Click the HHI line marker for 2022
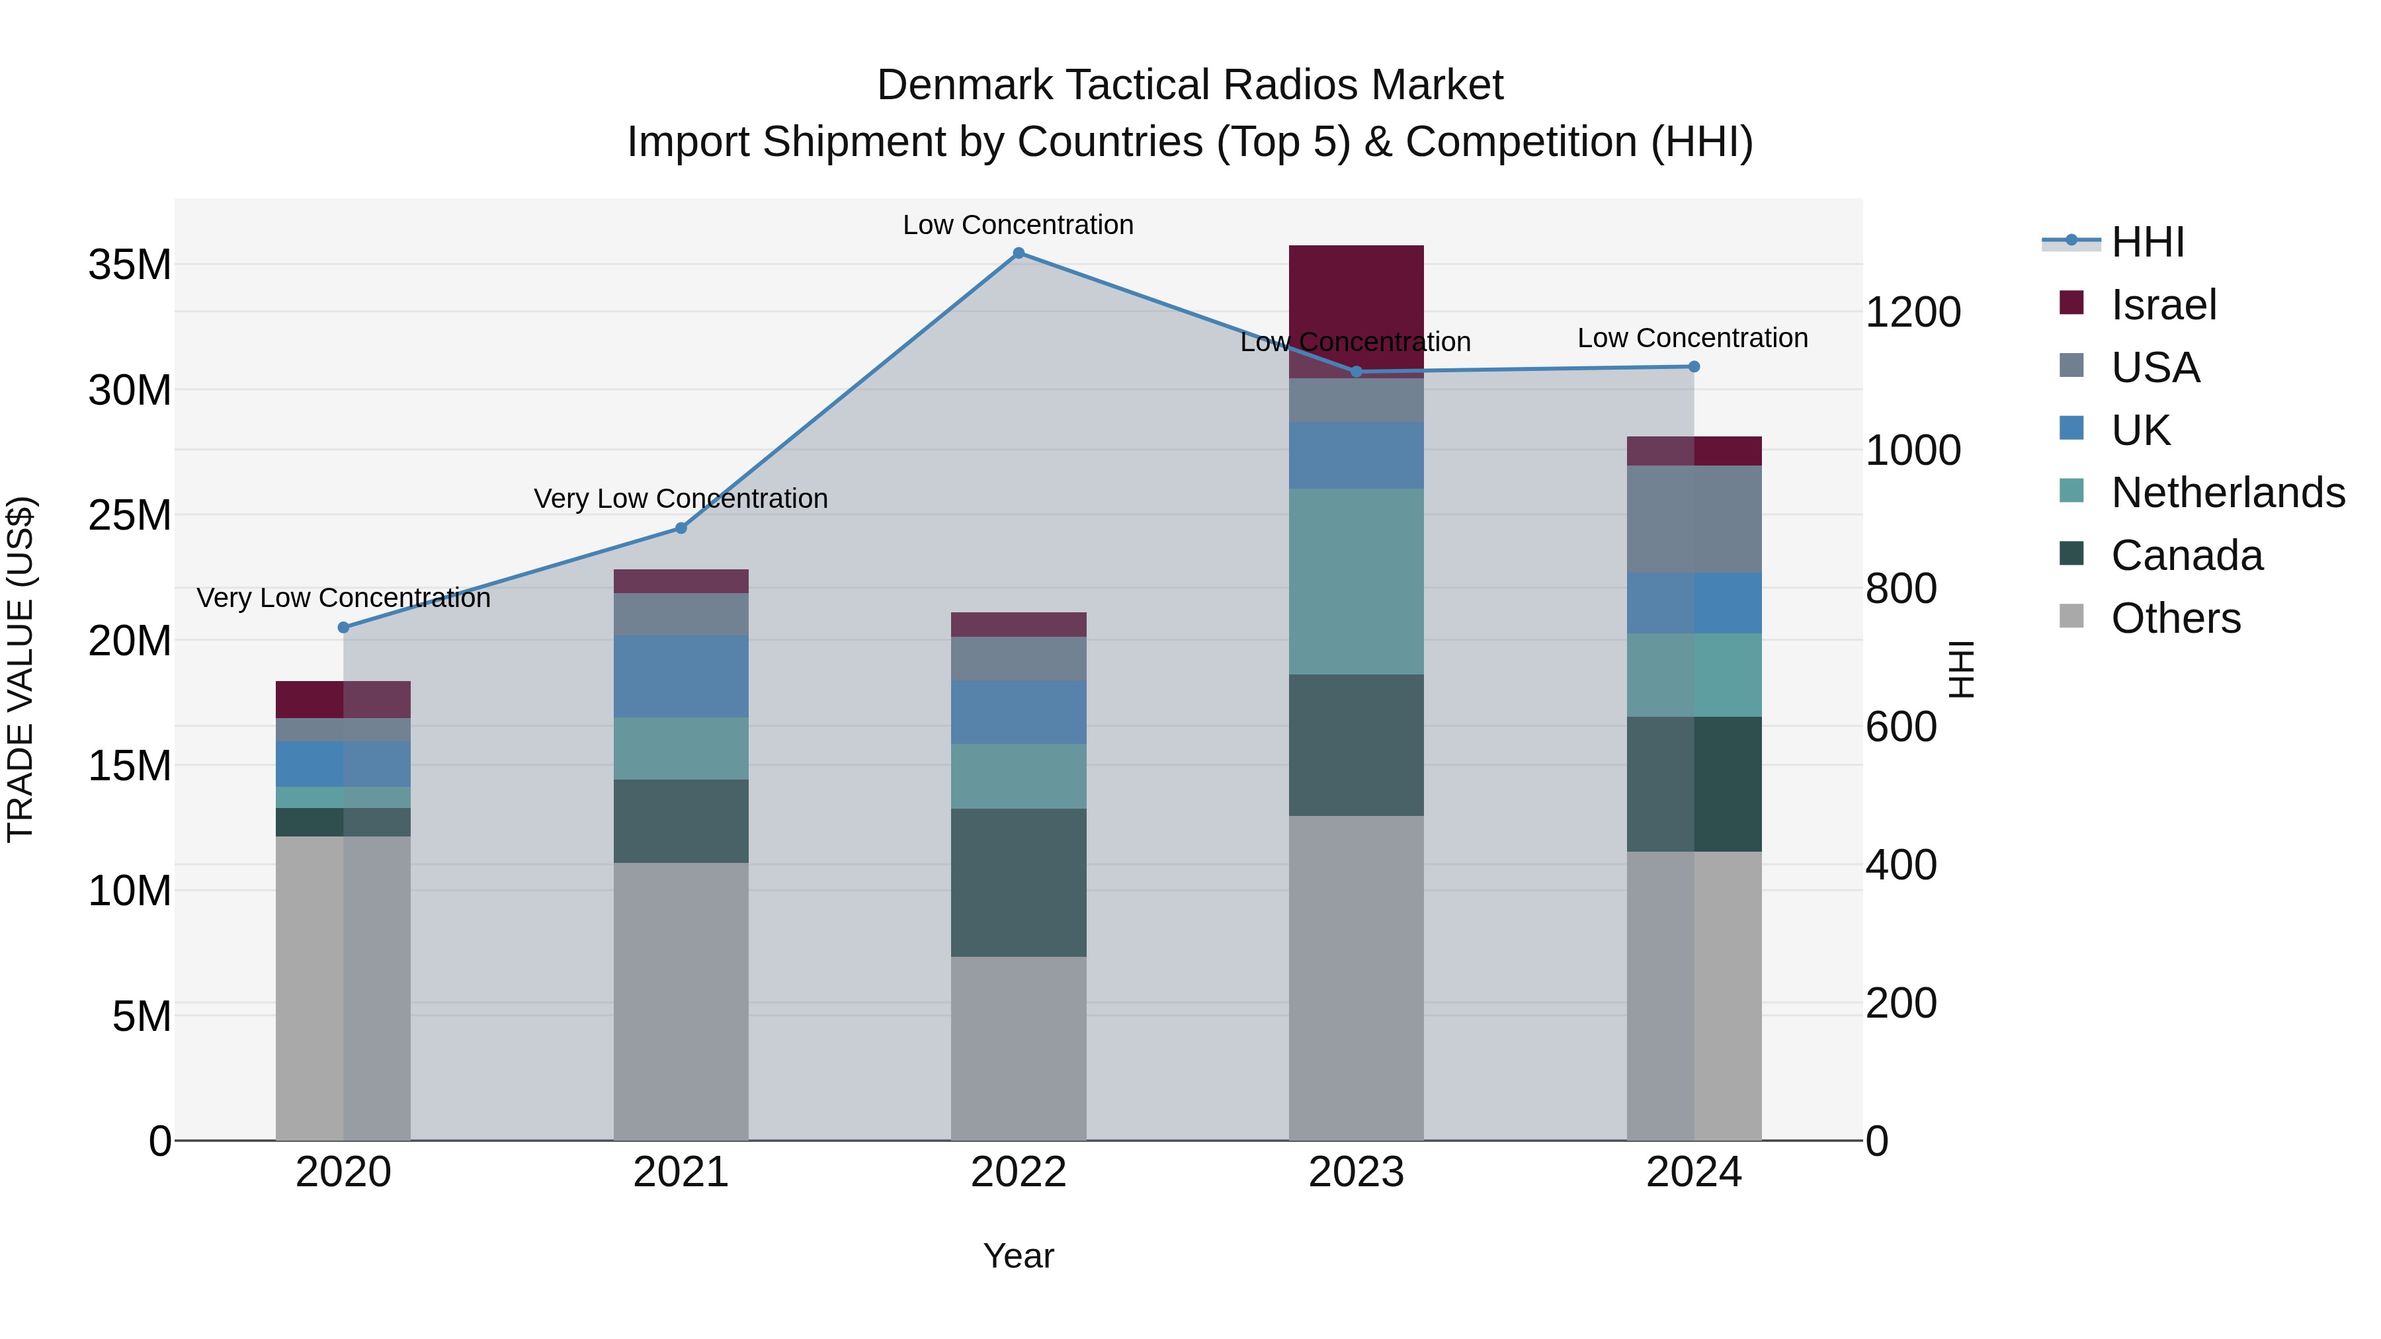[x=1019, y=253]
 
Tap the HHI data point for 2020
[x=344, y=628]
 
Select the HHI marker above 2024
[x=1693, y=367]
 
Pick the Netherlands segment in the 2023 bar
[x=1356, y=581]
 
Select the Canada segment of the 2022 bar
[x=1019, y=883]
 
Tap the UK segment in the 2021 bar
[x=681, y=676]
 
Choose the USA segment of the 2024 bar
[x=1693, y=519]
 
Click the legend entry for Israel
[x=2163, y=305]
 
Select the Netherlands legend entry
[x=2228, y=493]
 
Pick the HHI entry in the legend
[x=2147, y=242]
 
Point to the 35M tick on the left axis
[x=130, y=265]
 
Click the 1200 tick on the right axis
[x=1912, y=312]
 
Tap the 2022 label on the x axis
[x=1019, y=1172]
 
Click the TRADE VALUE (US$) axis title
[x=21, y=669]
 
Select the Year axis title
[x=1019, y=1256]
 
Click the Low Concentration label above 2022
[x=1018, y=225]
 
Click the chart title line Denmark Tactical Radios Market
[x=1190, y=85]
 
